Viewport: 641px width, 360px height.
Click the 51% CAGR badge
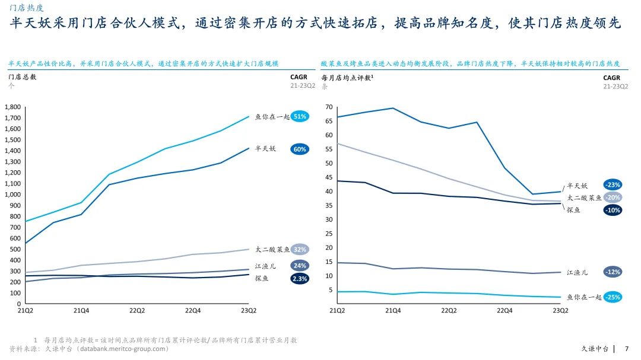[x=300, y=117]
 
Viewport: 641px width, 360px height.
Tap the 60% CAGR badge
[x=300, y=149]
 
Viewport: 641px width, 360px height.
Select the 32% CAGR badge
[x=300, y=250]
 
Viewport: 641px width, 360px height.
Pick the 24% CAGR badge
[x=300, y=266]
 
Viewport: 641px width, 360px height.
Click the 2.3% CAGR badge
[x=300, y=278]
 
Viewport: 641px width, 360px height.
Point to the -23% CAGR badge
[x=613, y=184]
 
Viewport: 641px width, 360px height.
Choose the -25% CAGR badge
[x=613, y=297]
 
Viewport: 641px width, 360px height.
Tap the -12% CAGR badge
[x=613, y=272]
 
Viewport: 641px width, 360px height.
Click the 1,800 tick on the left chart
[x=12, y=107]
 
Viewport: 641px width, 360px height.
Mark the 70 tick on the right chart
[x=329, y=107]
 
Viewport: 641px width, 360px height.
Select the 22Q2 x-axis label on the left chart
[x=137, y=310]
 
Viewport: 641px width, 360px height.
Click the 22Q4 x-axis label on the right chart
[x=504, y=310]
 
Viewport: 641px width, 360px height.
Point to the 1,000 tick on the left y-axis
[x=12, y=195]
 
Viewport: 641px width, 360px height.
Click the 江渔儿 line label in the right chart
[x=577, y=272]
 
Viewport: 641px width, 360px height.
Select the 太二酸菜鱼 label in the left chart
[x=272, y=250]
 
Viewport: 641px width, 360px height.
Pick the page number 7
[x=627, y=349]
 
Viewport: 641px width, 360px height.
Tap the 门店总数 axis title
[x=22, y=77]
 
